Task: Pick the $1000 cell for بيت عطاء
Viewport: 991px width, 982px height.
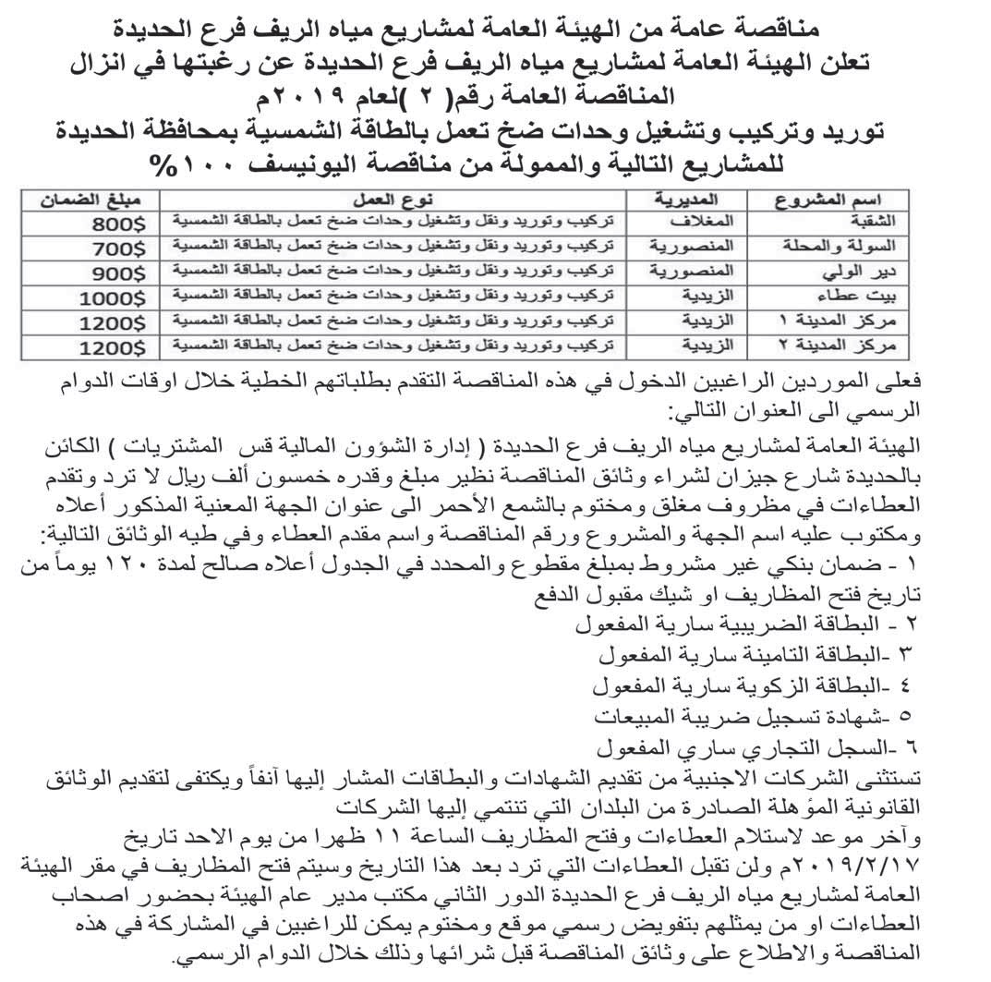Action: [112, 297]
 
